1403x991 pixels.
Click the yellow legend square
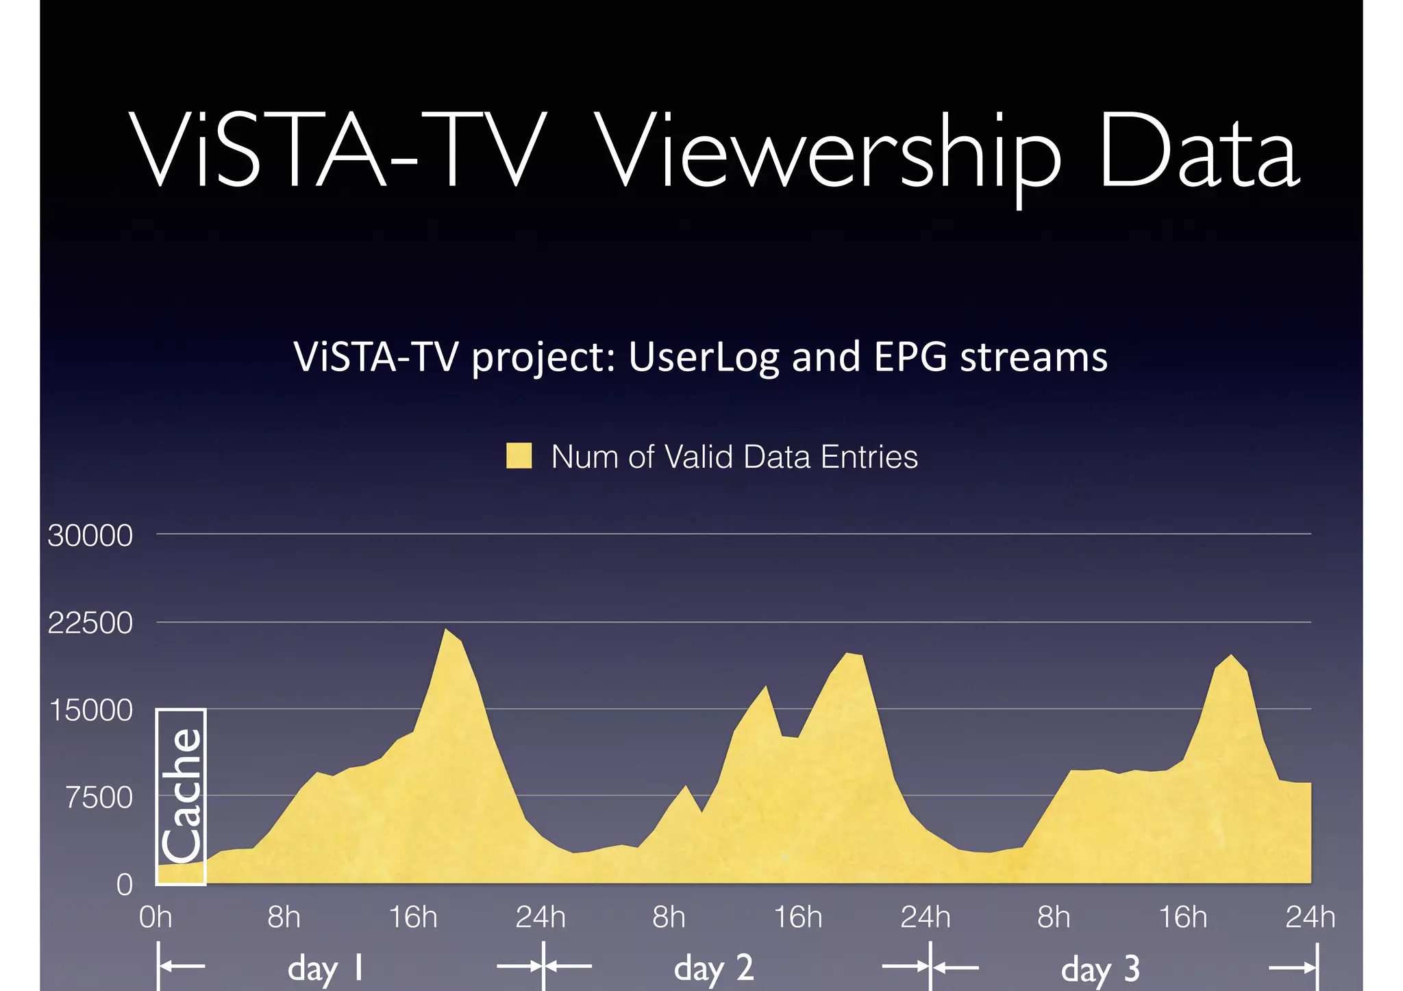click(519, 456)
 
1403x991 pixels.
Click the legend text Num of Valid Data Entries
click(734, 457)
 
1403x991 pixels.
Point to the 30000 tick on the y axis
click(90, 536)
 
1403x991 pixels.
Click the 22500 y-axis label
click(90, 623)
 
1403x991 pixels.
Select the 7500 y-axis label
click(99, 798)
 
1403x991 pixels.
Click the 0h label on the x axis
click(156, 917)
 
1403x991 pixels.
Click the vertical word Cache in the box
click(182, 795)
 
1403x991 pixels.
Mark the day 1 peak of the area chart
click(445, 629)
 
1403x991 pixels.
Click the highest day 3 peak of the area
click(1231, 655)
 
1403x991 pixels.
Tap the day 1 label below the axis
click(325, 968)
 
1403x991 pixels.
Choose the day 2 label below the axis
click(713, 968)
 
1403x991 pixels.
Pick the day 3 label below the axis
click(1100, 968)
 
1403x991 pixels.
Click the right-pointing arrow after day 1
click(519, 967)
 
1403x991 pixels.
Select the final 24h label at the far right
click(1309, 917)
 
